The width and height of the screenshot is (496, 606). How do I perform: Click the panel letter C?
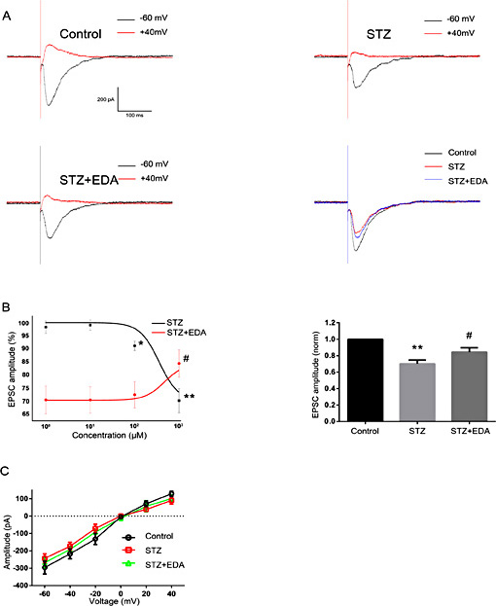click(x=7, y=471)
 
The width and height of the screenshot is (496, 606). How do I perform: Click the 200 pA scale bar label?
click(x=109, y=99)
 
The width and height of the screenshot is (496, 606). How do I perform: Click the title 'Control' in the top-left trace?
click(x=81, y=34)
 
